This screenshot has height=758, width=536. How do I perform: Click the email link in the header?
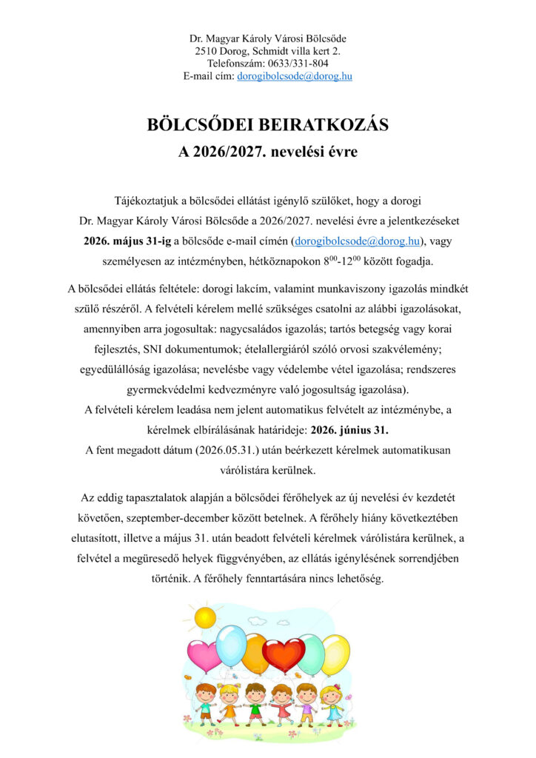point(294,76)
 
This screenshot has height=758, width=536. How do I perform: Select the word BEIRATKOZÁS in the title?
point(320,125)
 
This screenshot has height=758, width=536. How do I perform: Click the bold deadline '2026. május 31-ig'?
point(127,241)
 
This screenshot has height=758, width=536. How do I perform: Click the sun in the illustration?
point(204,616)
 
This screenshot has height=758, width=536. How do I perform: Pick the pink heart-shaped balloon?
point(204,655)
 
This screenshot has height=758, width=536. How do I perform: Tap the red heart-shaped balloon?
point(283,654)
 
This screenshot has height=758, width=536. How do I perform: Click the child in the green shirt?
point(255,702)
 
